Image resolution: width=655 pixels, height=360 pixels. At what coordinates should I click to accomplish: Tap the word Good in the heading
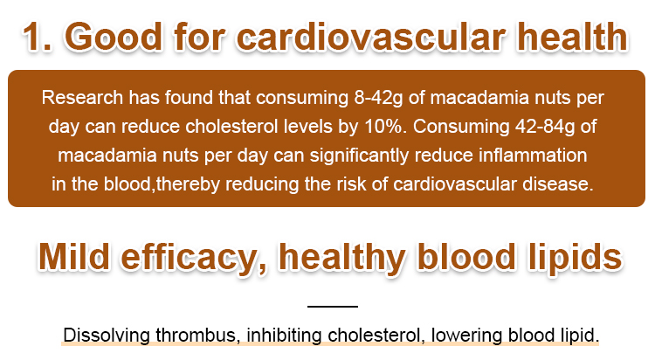click(114, 37)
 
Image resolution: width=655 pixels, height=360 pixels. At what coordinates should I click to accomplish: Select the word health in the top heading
click(572, 37)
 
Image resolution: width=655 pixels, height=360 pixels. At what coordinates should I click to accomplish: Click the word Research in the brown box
click(82, 98)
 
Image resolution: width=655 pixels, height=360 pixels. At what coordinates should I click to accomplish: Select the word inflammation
click(533, 156)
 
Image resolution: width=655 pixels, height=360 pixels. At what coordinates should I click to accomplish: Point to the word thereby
click(188, 185)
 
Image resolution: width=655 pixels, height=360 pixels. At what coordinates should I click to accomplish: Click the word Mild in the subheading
click(74, 257)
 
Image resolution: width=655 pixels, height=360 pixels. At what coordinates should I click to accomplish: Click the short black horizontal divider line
click(333, 307)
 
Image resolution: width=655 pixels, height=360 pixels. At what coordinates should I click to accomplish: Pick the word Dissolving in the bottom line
click(107, 336)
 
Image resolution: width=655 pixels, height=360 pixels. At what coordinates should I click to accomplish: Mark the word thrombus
click(198, 336)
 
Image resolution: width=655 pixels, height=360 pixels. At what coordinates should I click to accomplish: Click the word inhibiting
click(284, 336)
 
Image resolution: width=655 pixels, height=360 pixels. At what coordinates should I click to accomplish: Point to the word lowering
click(466, 336)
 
